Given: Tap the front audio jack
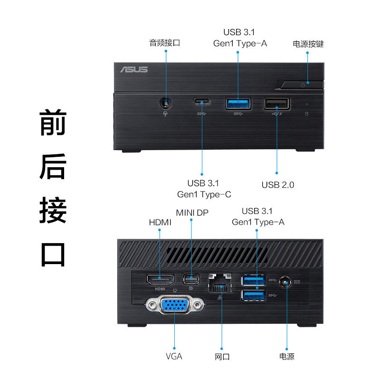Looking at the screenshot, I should pyautogui.click(x=166, y=102).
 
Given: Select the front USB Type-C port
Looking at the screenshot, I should pyautogui.click(x=202, y=101).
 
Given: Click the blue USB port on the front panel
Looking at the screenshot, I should pyautogui.click(x=238, y=103).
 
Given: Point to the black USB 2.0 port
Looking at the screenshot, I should pyautogui.click(x=276, y=103).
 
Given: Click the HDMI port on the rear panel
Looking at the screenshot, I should pyautogui.click(x=159, y=280).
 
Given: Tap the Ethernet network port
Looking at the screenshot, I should pyautogui.click(x=219, y=283).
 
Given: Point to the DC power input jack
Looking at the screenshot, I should pyautogui.click(x=286, y=283).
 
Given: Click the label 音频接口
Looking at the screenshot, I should pyautogui.click(x=165, y=43).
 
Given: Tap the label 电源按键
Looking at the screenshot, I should pyautogui.click(x=308, y=44).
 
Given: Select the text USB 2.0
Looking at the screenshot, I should pyautogui.click(x=278, y=185).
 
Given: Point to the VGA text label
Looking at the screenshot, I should pyautogui.click(x=174, y=356).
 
